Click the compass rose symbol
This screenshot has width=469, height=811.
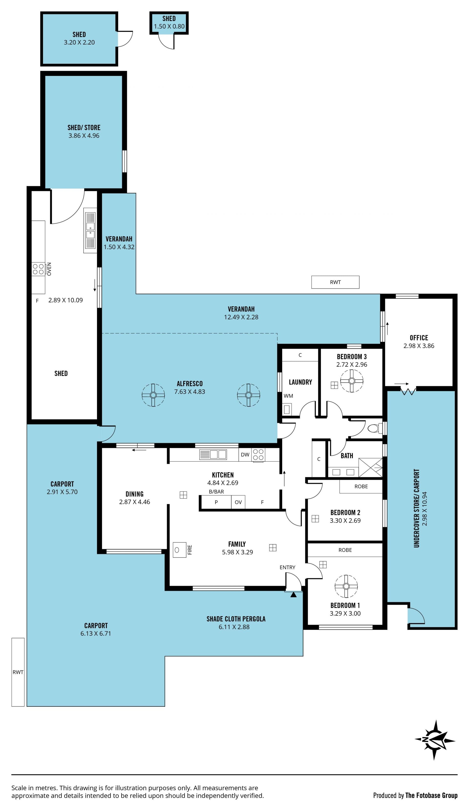(435, 740)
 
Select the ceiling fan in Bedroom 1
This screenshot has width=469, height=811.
(346, 586)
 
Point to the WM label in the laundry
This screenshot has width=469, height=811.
(288, 396)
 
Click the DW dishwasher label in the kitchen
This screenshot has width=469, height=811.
(245, 455)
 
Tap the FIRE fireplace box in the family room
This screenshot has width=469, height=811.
(180, 550)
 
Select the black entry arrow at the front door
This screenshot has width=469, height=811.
(293, 595)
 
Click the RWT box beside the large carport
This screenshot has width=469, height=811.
(18, 672)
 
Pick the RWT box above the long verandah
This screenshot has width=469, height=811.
(335, 282)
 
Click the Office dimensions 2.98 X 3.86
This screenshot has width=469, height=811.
(419, 346)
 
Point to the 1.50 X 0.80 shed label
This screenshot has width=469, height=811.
(169, 26)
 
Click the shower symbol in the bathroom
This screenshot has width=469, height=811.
(370, 468)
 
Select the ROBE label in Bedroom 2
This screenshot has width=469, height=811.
(361, 487)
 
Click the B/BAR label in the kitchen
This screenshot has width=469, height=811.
(216, 492)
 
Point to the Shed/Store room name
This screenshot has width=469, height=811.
(84, 127)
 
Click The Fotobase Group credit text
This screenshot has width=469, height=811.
(431, 796)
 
